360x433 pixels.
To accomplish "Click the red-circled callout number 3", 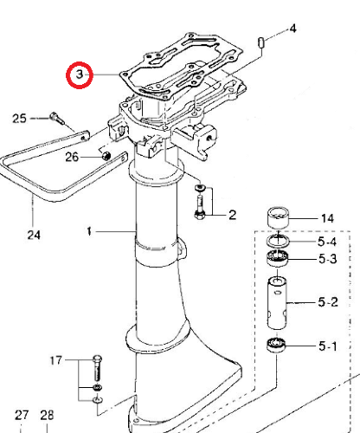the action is [x=80, y=74].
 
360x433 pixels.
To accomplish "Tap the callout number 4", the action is [x=292, y=29].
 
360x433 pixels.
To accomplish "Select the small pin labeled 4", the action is [x=261, y=42].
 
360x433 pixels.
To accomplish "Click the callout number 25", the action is [x=19, y=119].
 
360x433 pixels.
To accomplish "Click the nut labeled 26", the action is [x=106, y=156].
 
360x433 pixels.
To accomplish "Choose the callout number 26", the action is [x=72, y=157].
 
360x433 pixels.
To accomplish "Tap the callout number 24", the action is [x=34, y=235].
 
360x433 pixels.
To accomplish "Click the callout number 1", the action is [x=89, y=231].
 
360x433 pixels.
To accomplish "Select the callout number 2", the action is [x=232, y=215].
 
